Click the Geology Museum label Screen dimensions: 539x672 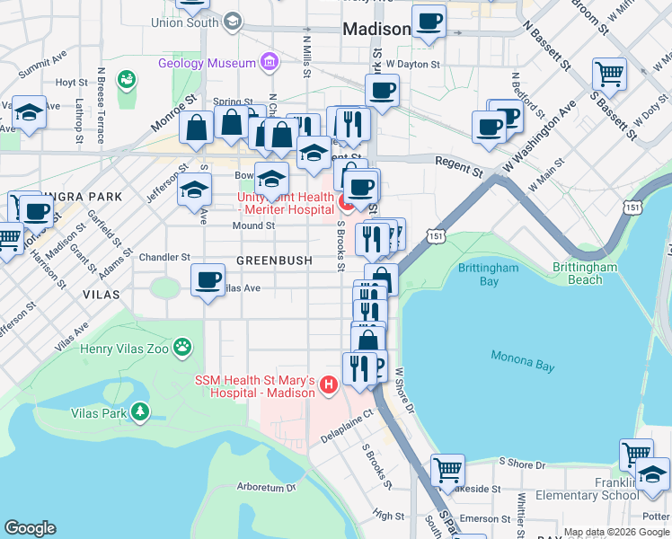[207, 63]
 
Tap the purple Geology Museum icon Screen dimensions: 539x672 [268, 62]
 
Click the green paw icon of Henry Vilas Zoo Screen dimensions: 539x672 [182, 346]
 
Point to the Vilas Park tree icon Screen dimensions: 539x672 [139, 412]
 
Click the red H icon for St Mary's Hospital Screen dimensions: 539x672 [328, 386]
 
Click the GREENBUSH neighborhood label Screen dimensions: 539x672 [274, 261]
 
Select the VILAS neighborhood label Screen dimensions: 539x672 [101, 294]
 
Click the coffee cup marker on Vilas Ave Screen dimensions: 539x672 [208, 281]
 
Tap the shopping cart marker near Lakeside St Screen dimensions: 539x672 [447, 469]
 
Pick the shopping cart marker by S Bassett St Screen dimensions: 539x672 [609, 73]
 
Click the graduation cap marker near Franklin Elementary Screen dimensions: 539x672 [652, 473]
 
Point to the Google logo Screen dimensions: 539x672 [30, 528]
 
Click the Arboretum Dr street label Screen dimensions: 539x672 [266, 487]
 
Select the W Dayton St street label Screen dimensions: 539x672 [412, 65]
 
